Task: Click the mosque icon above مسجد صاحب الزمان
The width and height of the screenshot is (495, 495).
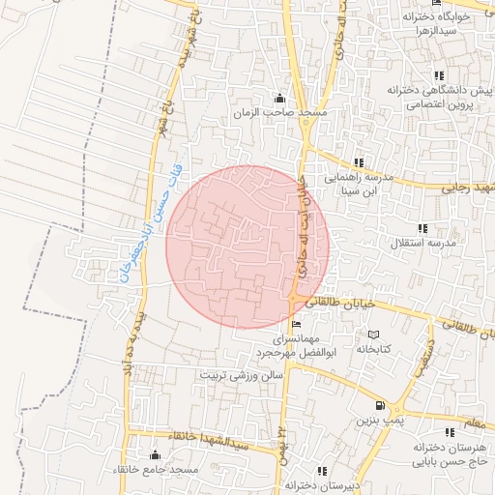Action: click(x=280, y=99)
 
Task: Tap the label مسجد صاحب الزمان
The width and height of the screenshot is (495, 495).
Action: click(x=281, y=114)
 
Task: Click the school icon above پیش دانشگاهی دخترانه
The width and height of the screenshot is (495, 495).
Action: click(x=439, y=75)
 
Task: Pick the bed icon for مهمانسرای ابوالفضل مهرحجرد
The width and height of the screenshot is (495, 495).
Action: click(x=296, y=324)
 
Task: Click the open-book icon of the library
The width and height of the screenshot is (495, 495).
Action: click(x=373, y=335)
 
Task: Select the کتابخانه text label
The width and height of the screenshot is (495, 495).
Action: click(x=373, y=349)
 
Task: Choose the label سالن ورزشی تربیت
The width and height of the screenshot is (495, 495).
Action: click(x=242, y=372)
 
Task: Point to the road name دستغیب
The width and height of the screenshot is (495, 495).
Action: click(x=421, y=355)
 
